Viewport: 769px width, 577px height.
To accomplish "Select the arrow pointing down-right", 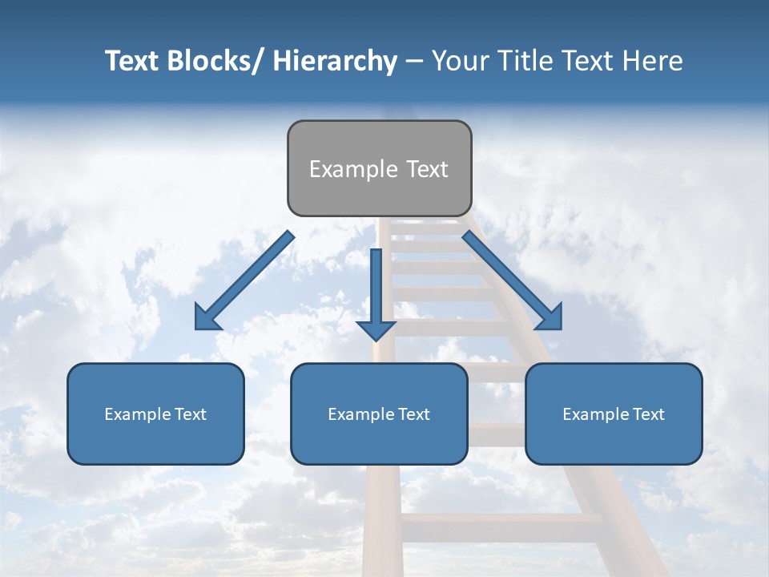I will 513,281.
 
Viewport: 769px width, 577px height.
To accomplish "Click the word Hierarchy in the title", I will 335,61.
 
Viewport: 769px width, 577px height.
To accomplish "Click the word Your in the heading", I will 459,61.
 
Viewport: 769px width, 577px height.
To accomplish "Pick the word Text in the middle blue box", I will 414,414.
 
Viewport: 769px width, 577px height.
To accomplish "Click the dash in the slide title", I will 414,61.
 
